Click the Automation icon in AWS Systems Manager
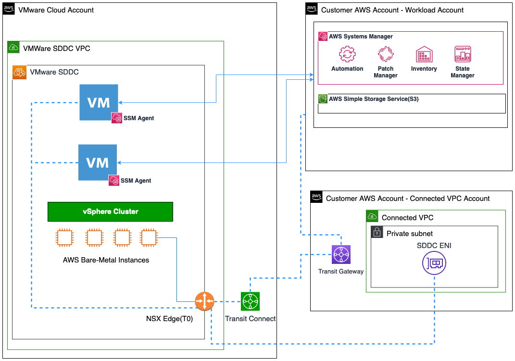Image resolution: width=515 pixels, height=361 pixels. click(347, 54)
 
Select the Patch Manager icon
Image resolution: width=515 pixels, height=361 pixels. click(385, 54)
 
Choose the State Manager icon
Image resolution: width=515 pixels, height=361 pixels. click(462, 54)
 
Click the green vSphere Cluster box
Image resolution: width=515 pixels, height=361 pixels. click(110, 212)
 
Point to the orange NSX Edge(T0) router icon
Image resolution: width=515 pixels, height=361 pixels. click(204, 301)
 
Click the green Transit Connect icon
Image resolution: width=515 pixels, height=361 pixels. click(250, 301)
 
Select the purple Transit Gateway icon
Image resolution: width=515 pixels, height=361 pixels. click(341, 254)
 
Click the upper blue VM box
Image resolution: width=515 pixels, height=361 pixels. click(99, 102)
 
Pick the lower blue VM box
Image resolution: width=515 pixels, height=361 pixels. click(98, 162)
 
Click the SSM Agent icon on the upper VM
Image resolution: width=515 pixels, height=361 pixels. click(116, 118)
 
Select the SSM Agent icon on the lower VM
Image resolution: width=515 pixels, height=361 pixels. click(113, 180)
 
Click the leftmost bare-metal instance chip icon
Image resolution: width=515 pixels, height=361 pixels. click(64, 237)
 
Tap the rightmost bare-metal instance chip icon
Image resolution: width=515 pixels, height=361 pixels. click(148, 237)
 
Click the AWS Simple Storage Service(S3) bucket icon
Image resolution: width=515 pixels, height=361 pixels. click(323, 99)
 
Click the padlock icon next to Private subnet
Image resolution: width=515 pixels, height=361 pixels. click(377, 233)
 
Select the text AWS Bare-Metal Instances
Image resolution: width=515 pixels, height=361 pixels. click(106, 260)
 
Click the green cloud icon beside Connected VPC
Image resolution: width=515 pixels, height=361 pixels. click(372, 217)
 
